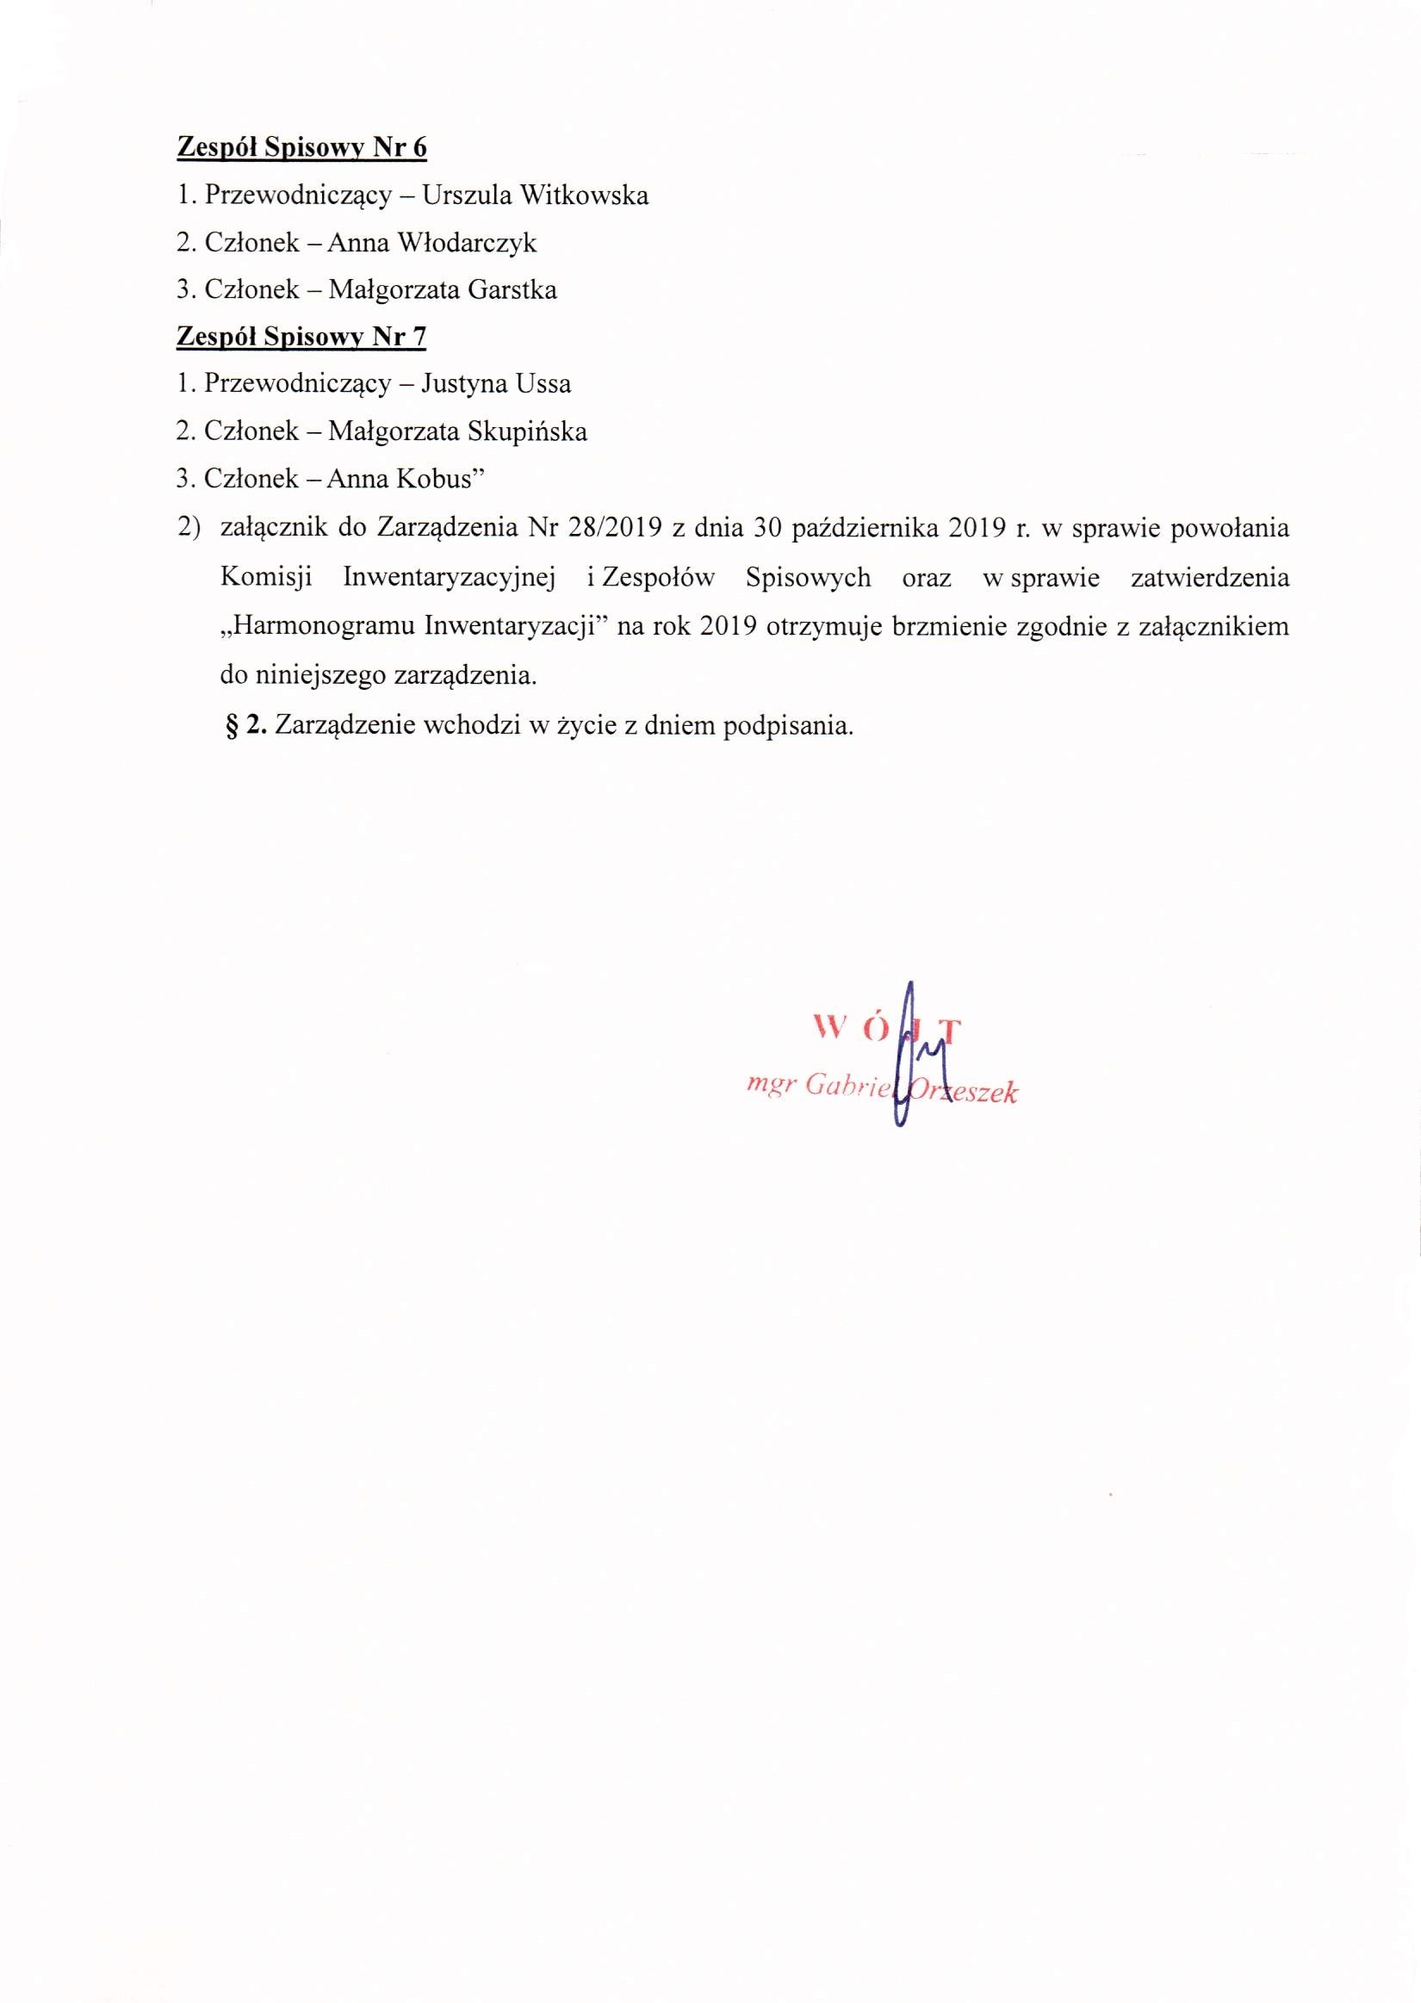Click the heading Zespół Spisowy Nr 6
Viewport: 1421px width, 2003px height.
(302, 148)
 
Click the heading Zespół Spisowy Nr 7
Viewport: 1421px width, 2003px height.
(302, 337)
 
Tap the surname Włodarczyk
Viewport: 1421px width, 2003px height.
(468, 242)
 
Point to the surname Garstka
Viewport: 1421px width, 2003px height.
(512, 289)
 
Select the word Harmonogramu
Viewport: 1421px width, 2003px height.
(320, 627)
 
